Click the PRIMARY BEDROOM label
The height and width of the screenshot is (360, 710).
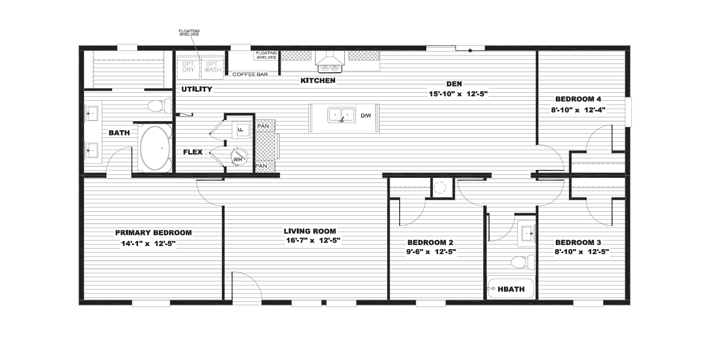(x=153, y=233)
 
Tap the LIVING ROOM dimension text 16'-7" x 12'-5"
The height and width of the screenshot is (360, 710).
(x=313, y=241)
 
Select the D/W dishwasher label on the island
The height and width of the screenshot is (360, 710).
(x=366, y=116)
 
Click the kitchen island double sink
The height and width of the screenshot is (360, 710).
(x=341, y=115)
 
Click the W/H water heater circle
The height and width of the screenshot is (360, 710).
(x=239, y=157)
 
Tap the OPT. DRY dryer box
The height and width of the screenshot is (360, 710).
(x=188, y=67)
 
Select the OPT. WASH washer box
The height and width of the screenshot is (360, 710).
(x=213, y=67)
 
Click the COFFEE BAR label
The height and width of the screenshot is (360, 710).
(x=250, y=75)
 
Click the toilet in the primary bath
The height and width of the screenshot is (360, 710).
(x=159, y=106)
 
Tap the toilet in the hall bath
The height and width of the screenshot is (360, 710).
(x=523, y=262)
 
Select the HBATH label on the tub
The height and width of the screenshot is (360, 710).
(x=511, y=289)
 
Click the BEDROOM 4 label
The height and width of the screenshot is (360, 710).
(x=578, y=99)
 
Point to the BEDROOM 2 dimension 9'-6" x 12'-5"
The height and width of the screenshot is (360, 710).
(x=431, y=252)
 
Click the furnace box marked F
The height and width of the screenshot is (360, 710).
(x=240, y=130)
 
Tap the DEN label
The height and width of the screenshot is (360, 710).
(x=454, y=84)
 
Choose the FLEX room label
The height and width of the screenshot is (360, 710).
(x=192, y=152)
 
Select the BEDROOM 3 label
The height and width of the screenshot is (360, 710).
(x=578, y=243)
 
